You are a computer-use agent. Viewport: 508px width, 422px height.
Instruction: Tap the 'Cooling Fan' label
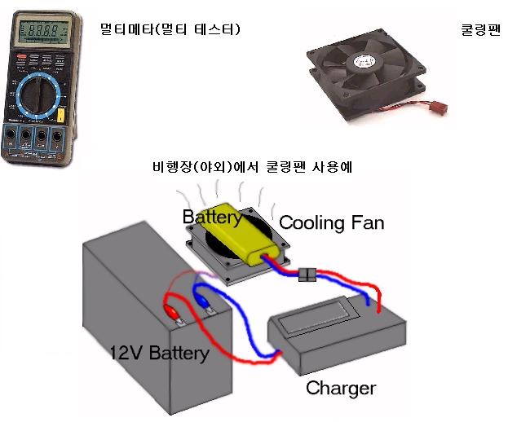331,222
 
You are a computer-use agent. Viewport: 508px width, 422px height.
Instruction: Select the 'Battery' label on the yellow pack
211,218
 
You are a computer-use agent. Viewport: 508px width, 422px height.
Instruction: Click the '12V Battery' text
159,353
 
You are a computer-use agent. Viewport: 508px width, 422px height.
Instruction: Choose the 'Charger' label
341,388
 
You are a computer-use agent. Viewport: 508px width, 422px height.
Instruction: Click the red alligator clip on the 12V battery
172,312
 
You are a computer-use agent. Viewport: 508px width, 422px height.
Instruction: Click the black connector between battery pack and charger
308,275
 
